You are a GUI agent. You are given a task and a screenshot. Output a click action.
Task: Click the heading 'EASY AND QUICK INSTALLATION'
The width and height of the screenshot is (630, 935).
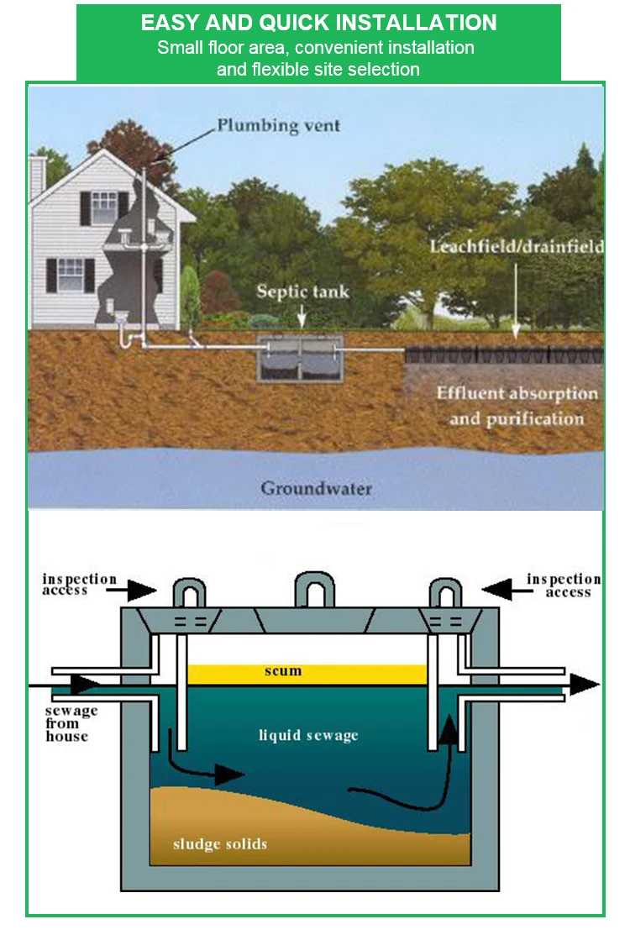318,23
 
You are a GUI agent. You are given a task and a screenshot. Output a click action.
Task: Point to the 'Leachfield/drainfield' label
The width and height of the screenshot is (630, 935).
516,247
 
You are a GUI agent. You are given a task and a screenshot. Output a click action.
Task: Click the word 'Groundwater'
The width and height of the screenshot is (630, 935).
316,488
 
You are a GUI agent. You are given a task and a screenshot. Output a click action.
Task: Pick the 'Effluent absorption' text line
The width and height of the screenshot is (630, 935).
517,393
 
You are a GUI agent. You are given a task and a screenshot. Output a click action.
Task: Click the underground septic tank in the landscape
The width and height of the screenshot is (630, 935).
300,360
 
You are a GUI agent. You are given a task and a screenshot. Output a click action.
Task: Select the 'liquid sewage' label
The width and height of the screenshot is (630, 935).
308,736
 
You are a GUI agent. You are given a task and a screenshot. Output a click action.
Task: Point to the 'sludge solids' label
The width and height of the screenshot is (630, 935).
220,843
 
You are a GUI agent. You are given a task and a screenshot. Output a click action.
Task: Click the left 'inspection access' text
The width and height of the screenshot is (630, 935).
79,585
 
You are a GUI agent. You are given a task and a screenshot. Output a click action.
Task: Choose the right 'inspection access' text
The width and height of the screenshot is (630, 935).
564,585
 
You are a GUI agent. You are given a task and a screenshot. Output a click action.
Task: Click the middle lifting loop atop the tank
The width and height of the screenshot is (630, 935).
314,589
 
